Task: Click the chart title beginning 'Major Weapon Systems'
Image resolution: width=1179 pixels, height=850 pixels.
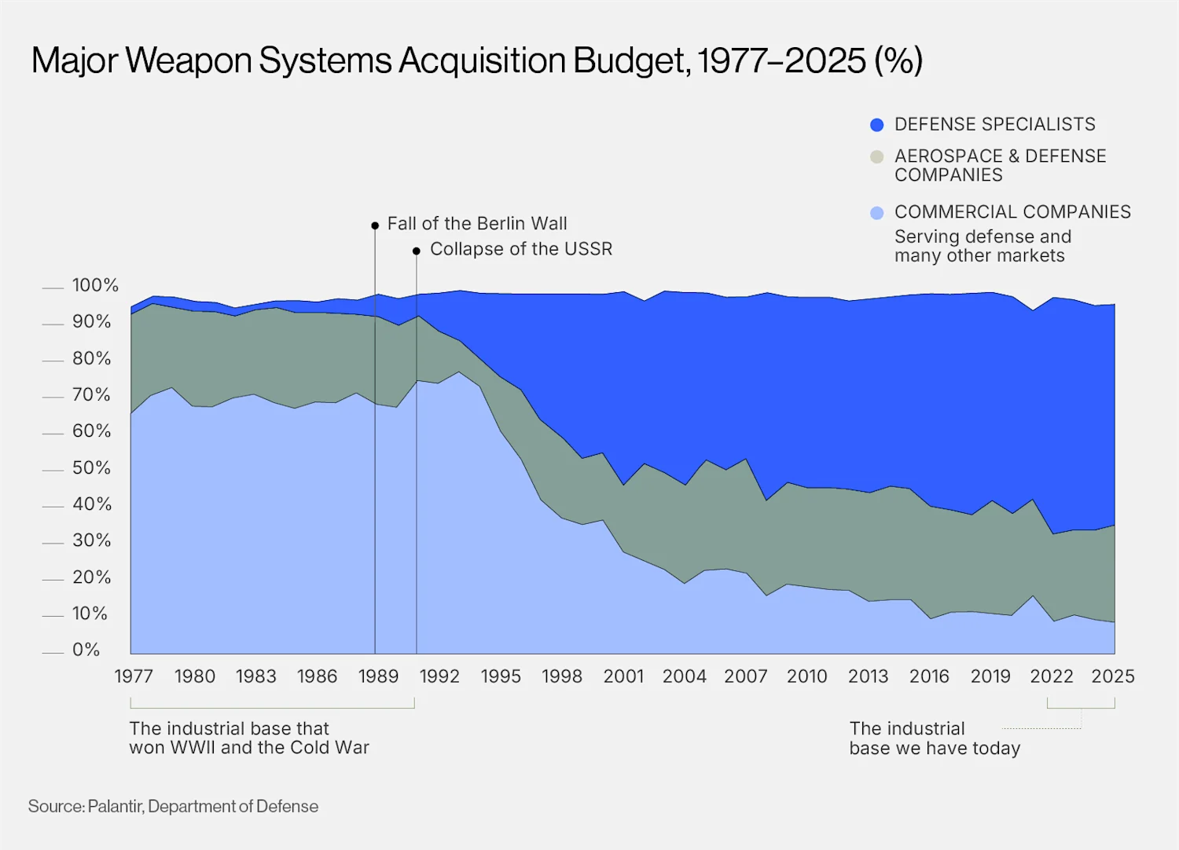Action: click(x=476, y=60)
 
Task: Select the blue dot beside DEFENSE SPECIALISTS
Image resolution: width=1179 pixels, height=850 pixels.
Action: click(x=877, y=125)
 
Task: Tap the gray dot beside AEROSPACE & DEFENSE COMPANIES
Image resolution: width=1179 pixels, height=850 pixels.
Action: click(x=877, y=157)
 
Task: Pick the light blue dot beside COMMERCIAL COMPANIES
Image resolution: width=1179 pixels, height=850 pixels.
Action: click(x=877, y=213)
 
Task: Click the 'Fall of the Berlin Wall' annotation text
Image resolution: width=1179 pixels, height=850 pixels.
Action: click(x=477, y=224)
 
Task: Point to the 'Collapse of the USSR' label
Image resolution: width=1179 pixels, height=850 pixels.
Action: click(x=521, y=249)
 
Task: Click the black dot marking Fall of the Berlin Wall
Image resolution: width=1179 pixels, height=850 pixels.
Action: click(x=375, y=225)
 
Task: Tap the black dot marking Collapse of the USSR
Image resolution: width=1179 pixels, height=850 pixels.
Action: click(x=417, y=251)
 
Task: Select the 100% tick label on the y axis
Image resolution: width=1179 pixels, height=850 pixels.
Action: click(x=95, y=285)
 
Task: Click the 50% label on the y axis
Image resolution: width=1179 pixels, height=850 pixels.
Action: click(x=91, y=468)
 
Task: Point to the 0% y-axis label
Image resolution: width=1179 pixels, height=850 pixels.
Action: click(x=86, y=650)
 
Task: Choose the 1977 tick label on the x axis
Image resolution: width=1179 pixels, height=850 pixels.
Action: click(x=134, y=676)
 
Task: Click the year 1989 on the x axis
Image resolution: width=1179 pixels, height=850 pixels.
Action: click(x=378, y=676)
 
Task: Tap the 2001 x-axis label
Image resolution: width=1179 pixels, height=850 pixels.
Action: click(x=623, y=676)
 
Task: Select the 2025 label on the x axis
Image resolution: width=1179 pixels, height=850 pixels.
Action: click(x=1113, y=676)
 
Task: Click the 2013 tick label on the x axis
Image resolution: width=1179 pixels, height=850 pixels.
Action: click(x=868, y=676)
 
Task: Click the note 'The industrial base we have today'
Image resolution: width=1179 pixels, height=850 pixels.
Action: click(x=934, y=738)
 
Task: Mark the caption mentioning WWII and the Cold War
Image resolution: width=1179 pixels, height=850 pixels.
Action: click(x=248, y=738)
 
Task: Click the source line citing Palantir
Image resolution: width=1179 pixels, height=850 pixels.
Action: click(x=173, y=807)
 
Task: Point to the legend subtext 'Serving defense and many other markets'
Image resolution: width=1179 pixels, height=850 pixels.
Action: click(x=982, y=247)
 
